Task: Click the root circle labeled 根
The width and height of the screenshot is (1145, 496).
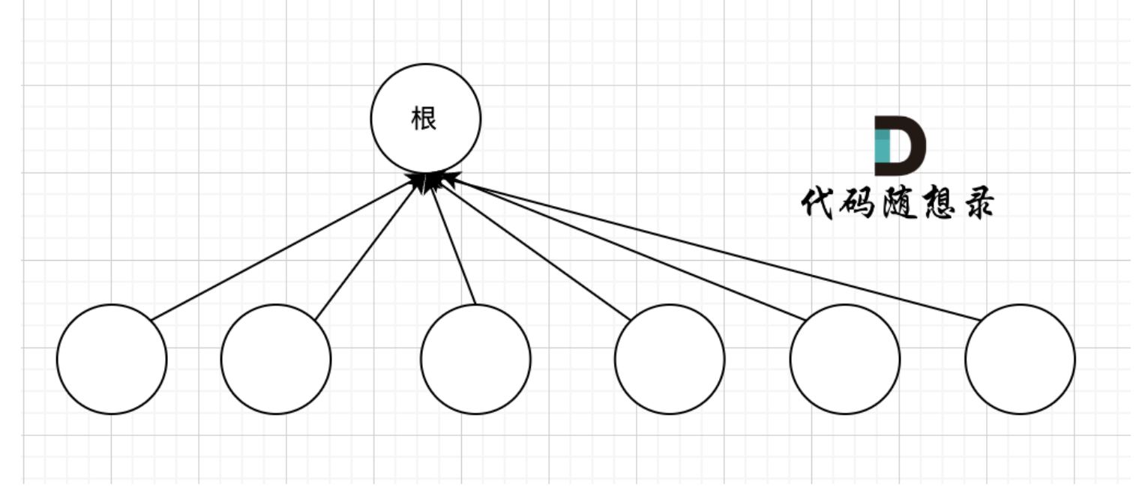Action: click(x=425, y=139)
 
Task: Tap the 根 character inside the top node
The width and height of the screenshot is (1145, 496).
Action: click(x=424, y=118)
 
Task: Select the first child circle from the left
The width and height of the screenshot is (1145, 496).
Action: click(x=112, y=359)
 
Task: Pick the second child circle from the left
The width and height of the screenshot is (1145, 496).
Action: click(x=276, y=359)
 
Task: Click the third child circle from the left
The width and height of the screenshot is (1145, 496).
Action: click(x=475, y=359)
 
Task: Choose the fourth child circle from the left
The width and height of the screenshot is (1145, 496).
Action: click(x=670, y=359)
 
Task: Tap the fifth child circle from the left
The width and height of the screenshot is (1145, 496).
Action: click(x=845, y=359)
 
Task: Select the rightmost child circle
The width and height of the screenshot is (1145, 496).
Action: click(x=1020, y=359)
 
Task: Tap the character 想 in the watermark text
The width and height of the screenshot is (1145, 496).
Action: click(x=935, y=203)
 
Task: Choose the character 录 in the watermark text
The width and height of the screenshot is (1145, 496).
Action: click(x=975, y=203)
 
